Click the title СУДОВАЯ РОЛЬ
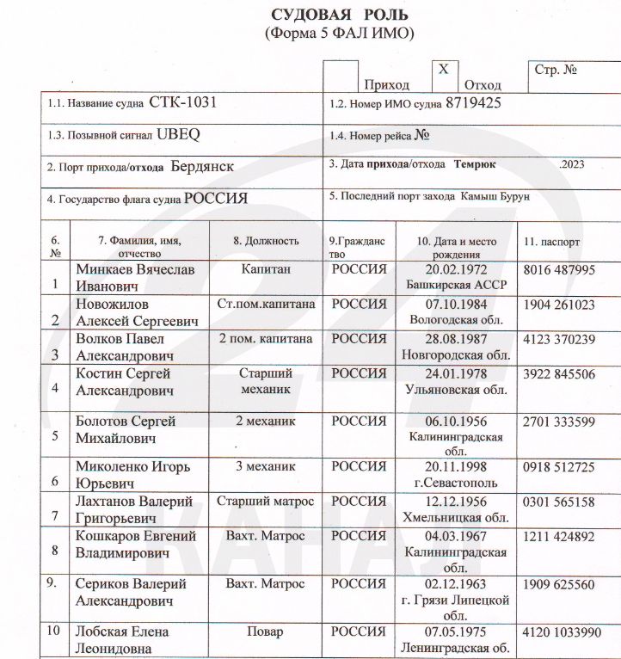pos(341,15)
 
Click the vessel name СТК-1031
pos(182,102)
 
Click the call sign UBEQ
pos(179,135)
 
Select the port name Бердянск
pos(202,166)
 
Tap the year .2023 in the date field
pos(570,163)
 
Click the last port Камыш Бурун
pos(495,196)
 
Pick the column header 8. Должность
pos(266,242)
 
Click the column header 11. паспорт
pos(551,242)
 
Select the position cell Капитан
pos(267,269)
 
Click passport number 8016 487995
pos(559,269)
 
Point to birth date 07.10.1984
pos(456,304)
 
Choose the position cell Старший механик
pos(267,382)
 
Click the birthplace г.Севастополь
pos(456,483)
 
